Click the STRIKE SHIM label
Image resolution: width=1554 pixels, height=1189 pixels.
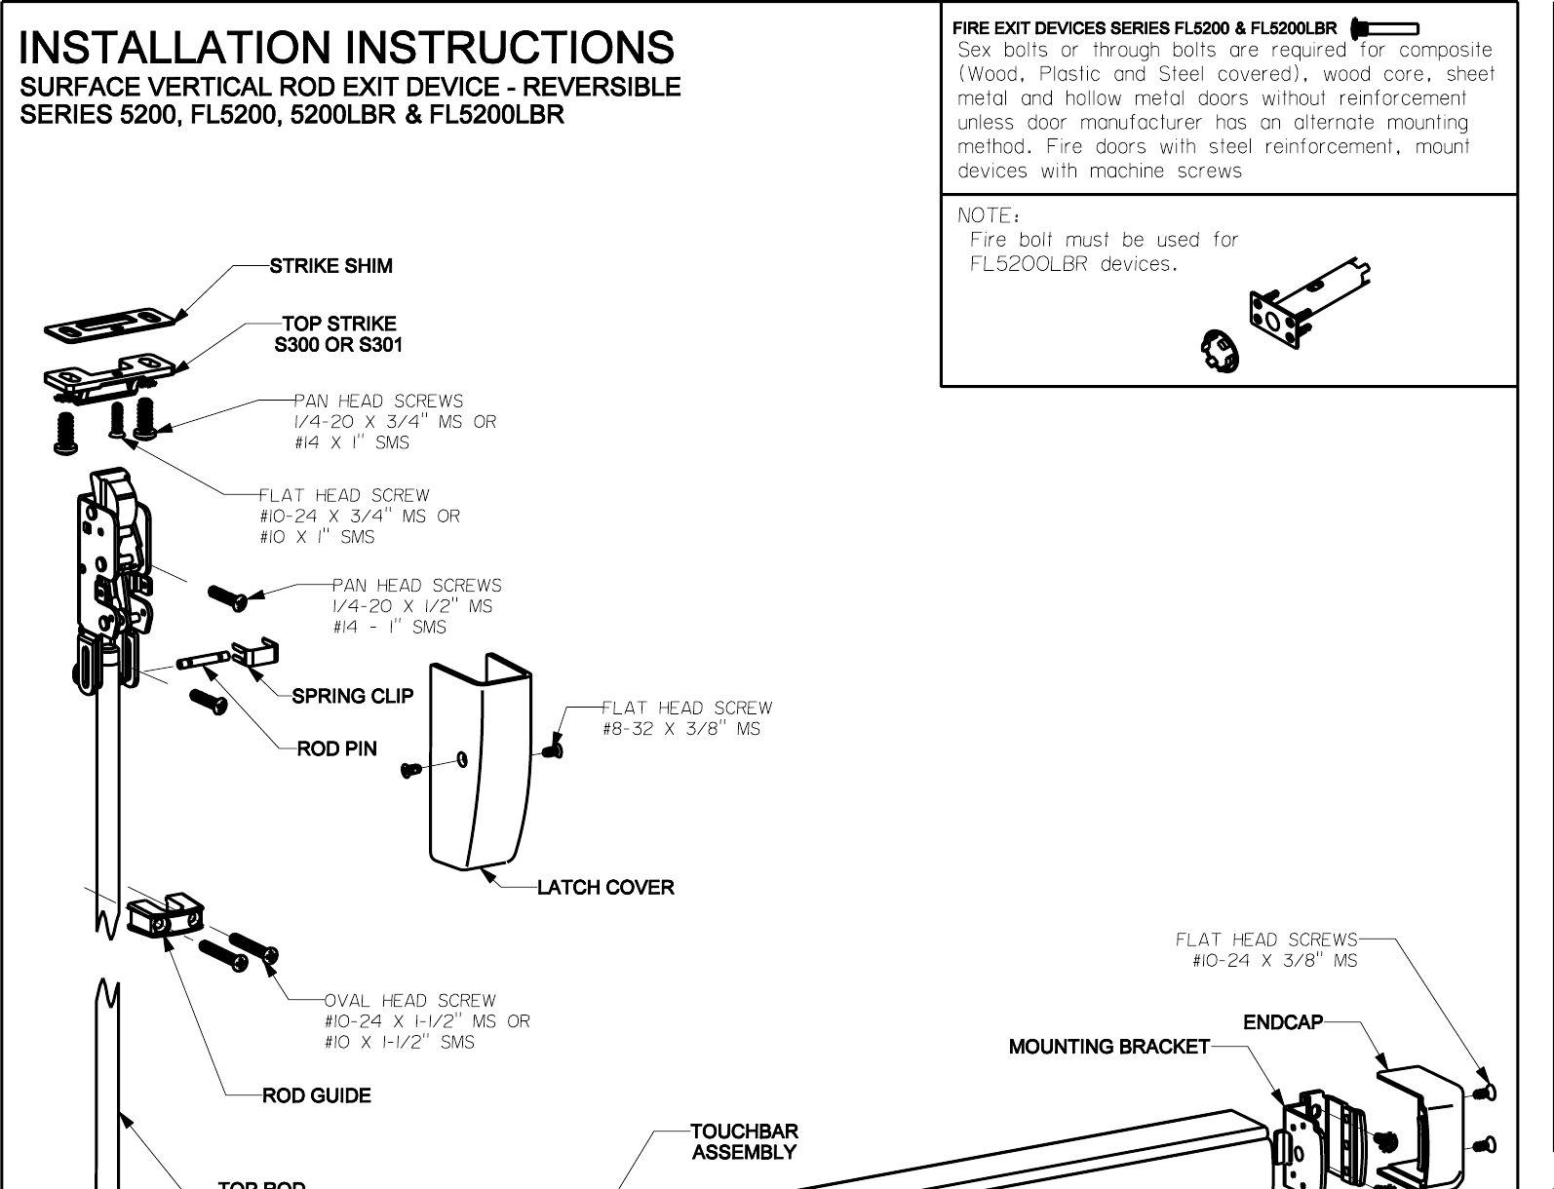coord(330,266)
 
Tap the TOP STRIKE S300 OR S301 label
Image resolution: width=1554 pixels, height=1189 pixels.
coord(338,334)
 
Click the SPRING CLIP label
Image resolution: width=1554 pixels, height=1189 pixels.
coord(353,696)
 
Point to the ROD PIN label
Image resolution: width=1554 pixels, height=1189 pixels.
coord(336,748)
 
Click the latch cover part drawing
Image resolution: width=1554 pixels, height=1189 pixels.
coord(480,770)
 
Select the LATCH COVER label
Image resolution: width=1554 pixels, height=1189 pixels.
coord(605,888)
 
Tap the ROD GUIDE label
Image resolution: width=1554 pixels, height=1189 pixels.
coord(317,1095)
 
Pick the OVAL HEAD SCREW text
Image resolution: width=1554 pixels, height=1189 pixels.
coord(410,1001)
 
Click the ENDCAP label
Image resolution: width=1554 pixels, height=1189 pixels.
coord(1283,1022)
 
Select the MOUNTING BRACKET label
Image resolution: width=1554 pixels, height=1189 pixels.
coord(1108,1047)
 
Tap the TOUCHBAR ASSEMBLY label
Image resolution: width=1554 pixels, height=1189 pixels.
coord(744,1141)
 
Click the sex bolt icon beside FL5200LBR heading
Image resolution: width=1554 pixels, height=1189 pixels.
coord(1384,28)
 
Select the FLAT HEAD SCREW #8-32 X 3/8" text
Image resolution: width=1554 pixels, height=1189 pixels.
coord(686,718)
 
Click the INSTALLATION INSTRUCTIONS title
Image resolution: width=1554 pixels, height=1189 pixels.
coord(346,48)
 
